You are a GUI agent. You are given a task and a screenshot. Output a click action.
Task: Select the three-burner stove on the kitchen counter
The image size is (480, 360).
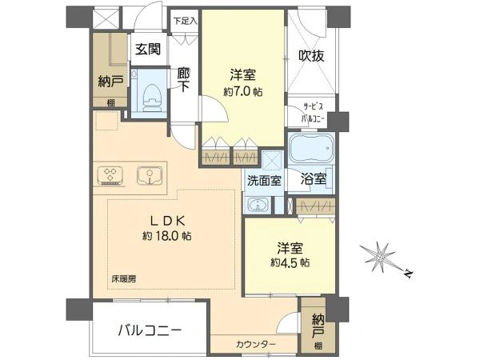click(x=110, y=176)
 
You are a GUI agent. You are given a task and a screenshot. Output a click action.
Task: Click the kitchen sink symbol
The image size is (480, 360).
click(x=150, y=176)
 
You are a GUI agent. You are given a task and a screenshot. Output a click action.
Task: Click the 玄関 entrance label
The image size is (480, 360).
click(x=148, y=49)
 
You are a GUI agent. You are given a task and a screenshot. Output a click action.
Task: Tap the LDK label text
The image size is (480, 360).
click(x=167, y=221)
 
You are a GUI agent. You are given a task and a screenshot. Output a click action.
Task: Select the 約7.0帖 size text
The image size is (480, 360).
click(x=242, y=91)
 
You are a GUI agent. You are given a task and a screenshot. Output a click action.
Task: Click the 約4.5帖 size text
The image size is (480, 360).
click(x=290, y=262)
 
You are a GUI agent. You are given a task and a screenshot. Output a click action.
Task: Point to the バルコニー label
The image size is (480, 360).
click(x=150, y=330)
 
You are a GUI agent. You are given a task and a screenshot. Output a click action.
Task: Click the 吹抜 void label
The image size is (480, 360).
click(x=311, y=56)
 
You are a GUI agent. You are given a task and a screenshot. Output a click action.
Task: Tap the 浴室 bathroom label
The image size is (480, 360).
click(x=313, y=178)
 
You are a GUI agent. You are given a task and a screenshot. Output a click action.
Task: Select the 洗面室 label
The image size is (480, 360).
click(x=264, y=181)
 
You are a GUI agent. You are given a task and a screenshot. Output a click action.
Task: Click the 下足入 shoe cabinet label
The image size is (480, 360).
click(x=186, y=21)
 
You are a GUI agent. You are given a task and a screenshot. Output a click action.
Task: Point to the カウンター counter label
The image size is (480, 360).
click(x=256, y=344)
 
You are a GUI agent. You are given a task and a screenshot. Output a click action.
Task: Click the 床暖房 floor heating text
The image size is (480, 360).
click(x=124, y=279)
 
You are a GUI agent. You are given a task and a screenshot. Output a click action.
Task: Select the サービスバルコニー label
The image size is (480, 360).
click(x=313, y=112)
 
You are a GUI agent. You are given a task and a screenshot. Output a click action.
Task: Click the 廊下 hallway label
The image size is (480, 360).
click(x=184, y=79)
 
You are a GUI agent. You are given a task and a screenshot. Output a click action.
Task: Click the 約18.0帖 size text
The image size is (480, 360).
click(x=167, y=236)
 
